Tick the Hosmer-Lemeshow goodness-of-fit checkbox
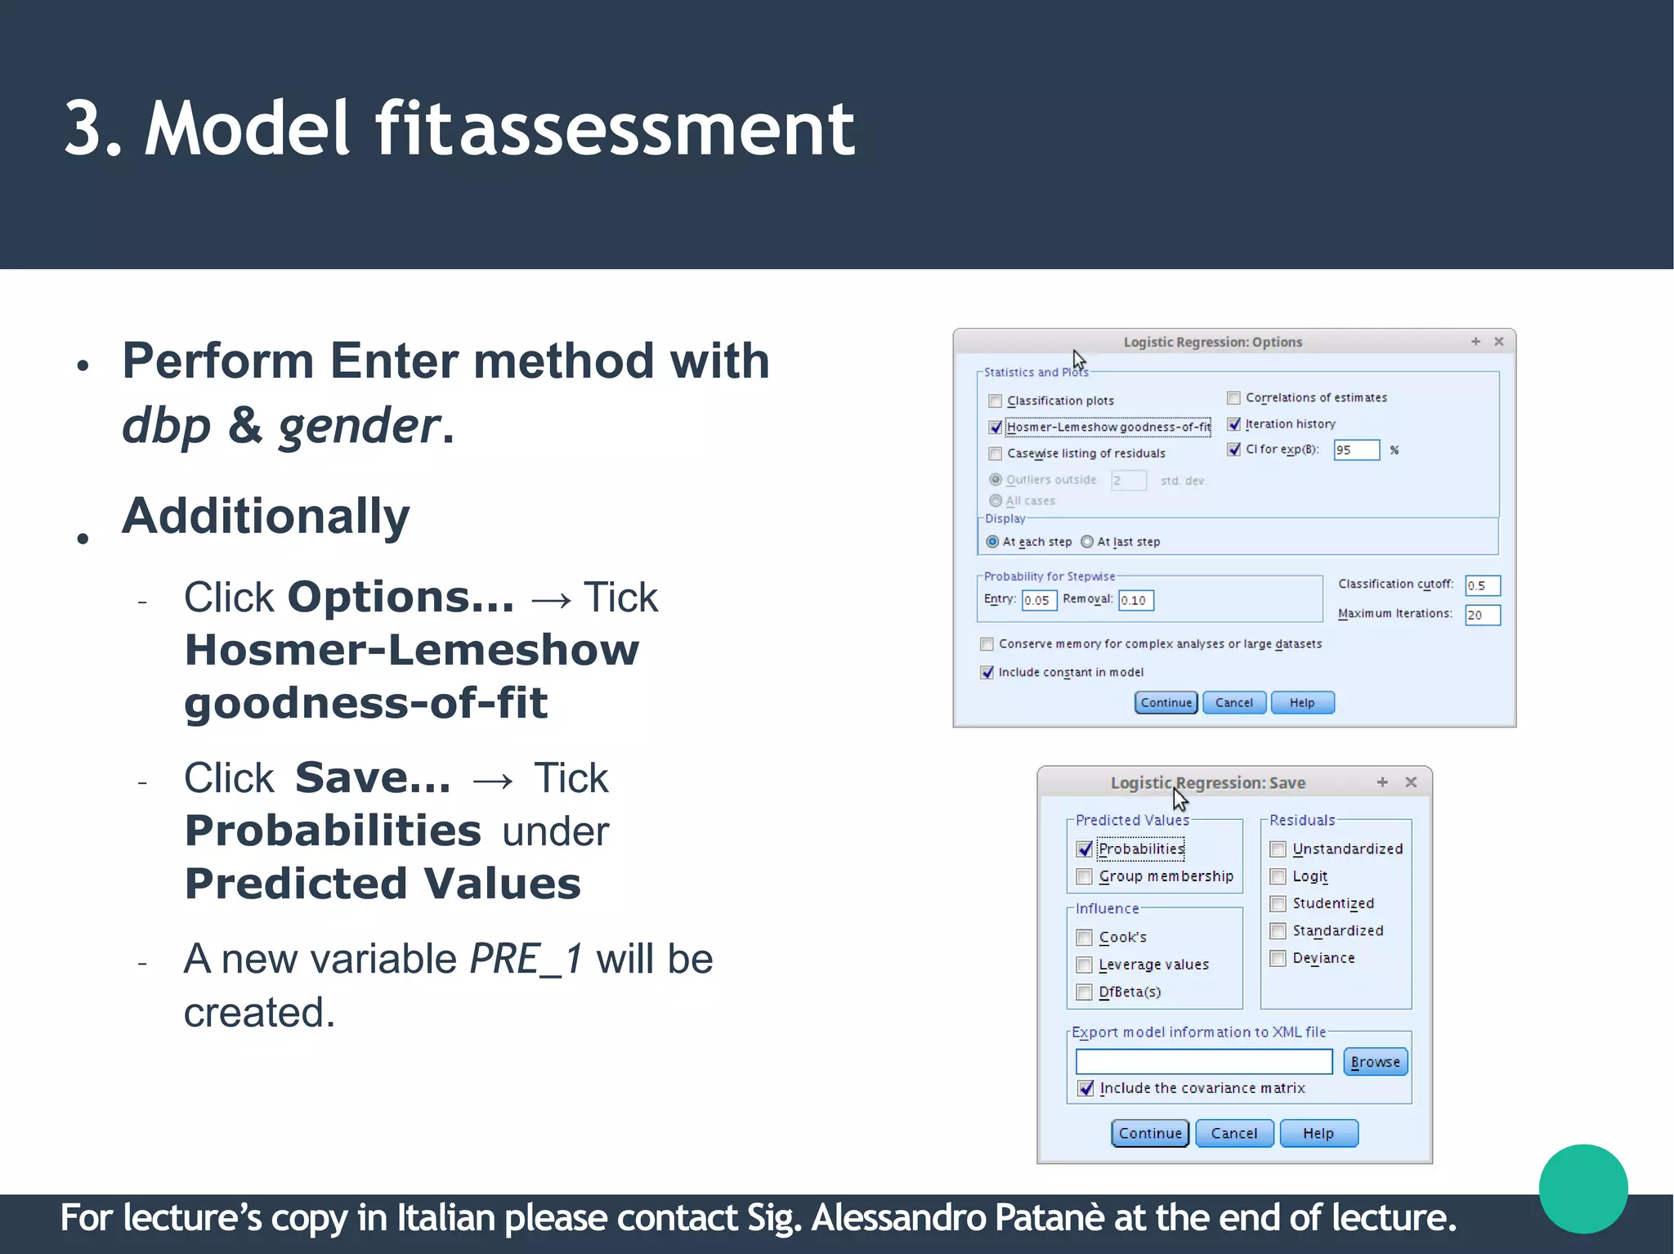995,428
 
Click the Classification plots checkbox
995,401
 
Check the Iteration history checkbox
1234,424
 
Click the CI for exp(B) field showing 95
1356,450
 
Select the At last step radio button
1087,542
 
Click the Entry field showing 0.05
1039,601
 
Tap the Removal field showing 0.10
1136,601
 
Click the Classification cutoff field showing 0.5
1482,586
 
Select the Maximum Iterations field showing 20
1482,615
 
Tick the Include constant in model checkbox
987,673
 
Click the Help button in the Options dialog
1302,703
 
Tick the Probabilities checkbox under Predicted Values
1085,849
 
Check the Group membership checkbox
1085,877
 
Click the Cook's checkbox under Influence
1085,938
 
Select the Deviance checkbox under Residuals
1278,959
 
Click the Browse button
1375,1062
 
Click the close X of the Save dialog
1411,782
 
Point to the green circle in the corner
1583,1189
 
